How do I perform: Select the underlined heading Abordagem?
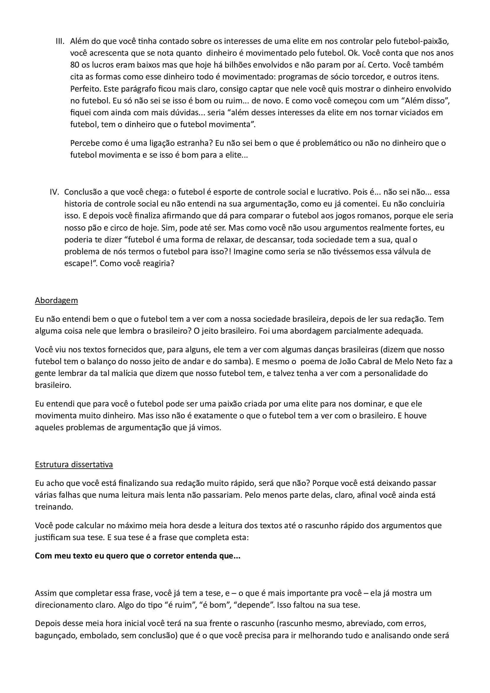[x=56, y=301]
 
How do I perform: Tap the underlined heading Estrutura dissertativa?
[x=74, y=465]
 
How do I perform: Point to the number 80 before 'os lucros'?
[x=75, y=65]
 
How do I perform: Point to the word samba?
[x=232, y=361]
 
